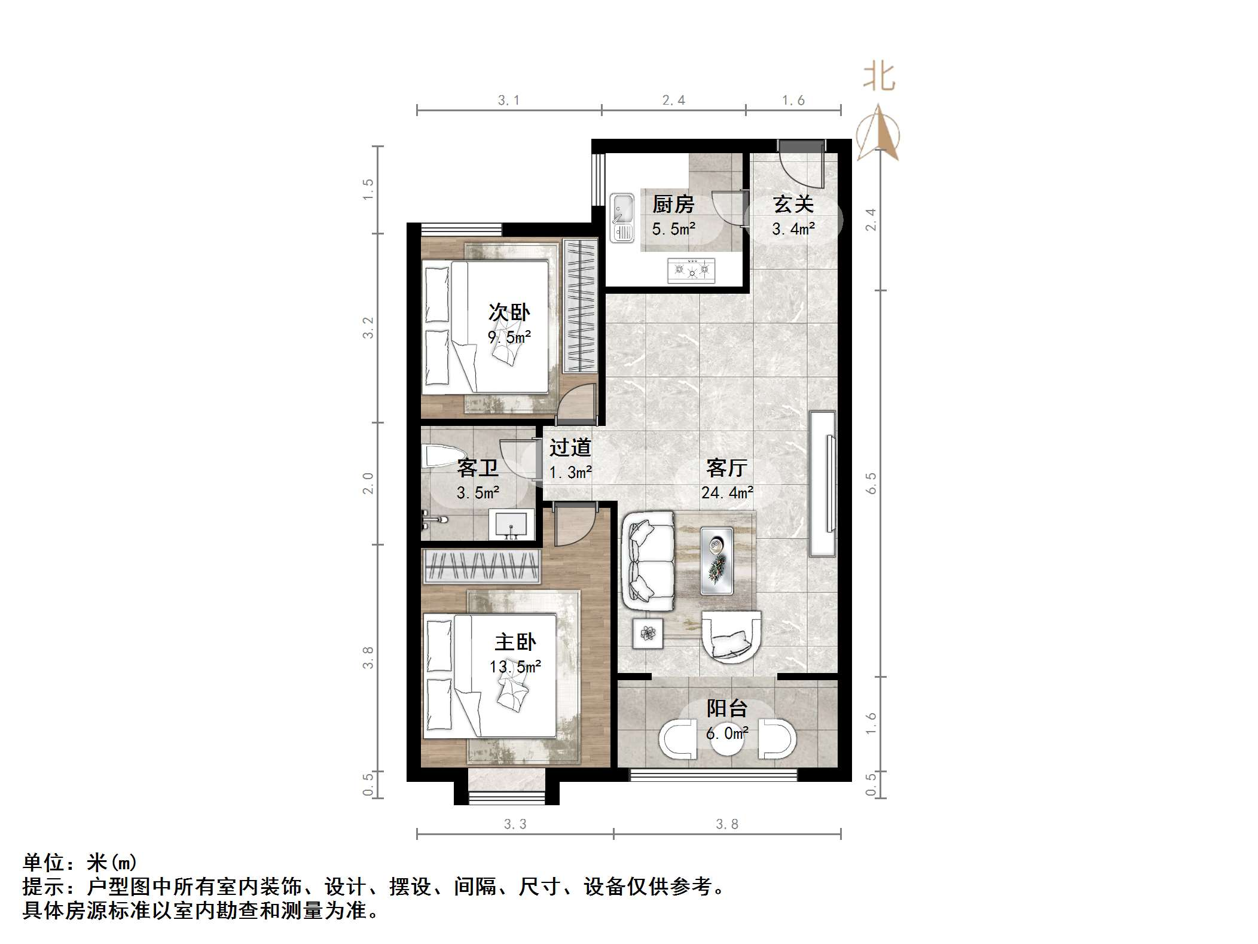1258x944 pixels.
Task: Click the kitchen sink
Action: pos(622,217)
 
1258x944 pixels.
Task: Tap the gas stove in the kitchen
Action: pos(691,270)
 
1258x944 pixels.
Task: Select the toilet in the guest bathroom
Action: pos(441,456)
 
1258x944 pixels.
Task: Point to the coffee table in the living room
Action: pos(716,561)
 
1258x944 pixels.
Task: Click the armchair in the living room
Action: pos(731,637)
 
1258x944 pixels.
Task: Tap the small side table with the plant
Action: pos(648,632)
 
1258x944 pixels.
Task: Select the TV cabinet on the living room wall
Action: pos(822,483)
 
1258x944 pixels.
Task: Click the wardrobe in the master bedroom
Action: pos(481,566)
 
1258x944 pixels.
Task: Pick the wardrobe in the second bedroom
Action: pos(580,306)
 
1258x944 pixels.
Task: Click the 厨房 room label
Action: pos(673,205)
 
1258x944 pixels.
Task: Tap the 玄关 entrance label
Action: pos(793,205)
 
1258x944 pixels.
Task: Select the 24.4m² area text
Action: pos(727,493)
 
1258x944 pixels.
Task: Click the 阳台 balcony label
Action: pos(727,708)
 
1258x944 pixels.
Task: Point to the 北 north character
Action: pos(878,78)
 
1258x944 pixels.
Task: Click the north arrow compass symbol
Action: pos(878,135)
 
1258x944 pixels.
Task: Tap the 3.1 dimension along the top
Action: pos(509,101)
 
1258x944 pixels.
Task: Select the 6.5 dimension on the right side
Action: pos(871,483)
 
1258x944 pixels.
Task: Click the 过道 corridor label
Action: pos(570,447)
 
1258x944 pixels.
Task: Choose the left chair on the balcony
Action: pos(678,739)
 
